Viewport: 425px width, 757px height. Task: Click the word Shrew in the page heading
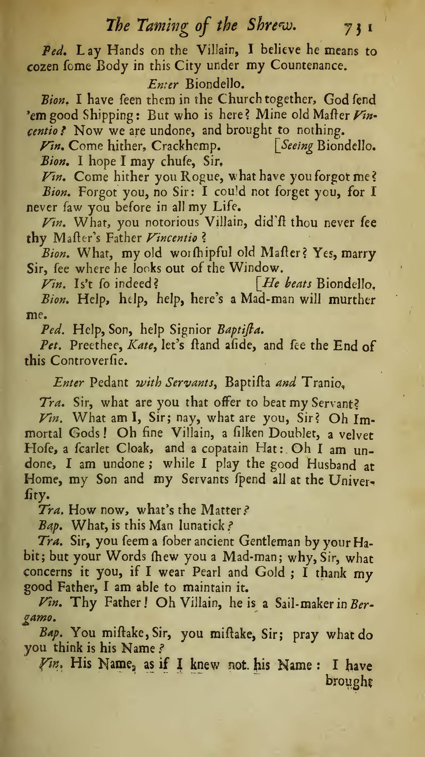pyautogui.click(x=272, y=26)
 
